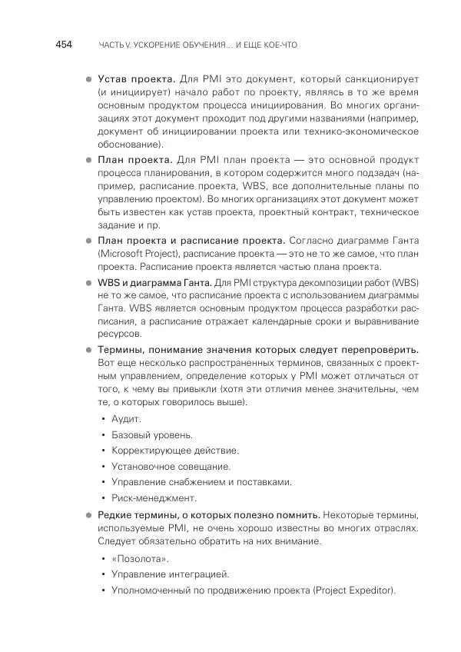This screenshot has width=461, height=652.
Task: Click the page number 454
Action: pyautogui.click(x=62, y=45)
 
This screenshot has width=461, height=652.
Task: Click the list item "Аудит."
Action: pyautogui.click(x=126, y=419)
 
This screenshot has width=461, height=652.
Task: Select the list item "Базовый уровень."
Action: pyautogui.click(x=151, y=435)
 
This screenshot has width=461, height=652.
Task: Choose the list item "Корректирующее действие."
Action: pyautogui.click(x=174, y=451)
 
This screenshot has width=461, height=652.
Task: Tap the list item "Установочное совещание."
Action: pyautogui.click(x=171, y=466)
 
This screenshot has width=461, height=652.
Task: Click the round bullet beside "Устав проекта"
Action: pyautogui.click(x=88, y=79)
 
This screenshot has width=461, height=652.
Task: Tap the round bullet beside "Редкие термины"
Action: pyautogui.click(x=88, y=514)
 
